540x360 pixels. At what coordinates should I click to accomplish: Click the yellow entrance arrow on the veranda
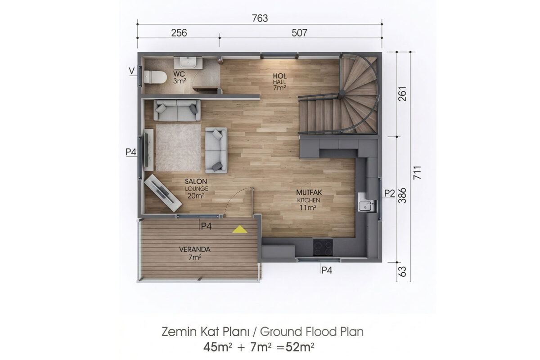(239, 229)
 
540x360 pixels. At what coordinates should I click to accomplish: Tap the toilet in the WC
(155, 77)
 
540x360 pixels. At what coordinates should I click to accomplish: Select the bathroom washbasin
(188, 63)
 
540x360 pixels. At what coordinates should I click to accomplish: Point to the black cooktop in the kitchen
(323, 247)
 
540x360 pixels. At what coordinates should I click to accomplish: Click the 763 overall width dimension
(260, 18)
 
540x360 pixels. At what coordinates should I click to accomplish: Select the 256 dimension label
(179, 33)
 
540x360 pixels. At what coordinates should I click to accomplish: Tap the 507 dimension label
(299, 33)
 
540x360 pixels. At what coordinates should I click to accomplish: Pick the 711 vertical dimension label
(417, 173)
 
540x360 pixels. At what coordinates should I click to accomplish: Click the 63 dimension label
(402, 271)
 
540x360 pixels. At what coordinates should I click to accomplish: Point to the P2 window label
(389, 193)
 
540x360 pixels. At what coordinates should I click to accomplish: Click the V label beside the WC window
(131, 71)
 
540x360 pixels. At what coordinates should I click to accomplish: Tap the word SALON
(196, 181)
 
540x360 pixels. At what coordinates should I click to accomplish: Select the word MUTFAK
(309, 193)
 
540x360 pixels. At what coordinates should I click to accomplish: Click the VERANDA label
(195, 249)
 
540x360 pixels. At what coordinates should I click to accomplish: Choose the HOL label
(279, 76)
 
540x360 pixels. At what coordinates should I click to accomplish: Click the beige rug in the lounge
(178, 148)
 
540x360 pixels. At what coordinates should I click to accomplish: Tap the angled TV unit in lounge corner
(163, 193)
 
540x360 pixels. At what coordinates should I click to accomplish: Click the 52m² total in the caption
(300, 347)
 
